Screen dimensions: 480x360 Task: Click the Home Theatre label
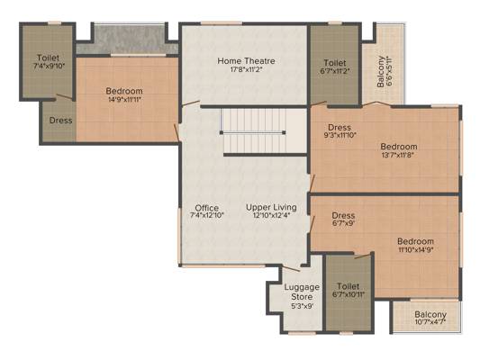(x=246, y=61)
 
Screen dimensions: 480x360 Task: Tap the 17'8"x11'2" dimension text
(x=246, y=69)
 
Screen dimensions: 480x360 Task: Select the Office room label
(x=207, y=208)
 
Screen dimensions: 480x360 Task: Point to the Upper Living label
(x=271, y=207)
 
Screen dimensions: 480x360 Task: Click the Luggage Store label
(x=302, y=292)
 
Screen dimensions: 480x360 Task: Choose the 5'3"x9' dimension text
(x=302, y=306)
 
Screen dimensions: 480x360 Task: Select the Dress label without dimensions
(x=61, y=121)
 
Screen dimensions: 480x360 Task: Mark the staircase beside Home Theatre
(x=253, y=131)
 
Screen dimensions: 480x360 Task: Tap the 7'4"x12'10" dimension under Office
(x=207, y=215)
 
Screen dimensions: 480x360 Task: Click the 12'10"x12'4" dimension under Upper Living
(x=271, y=215)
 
